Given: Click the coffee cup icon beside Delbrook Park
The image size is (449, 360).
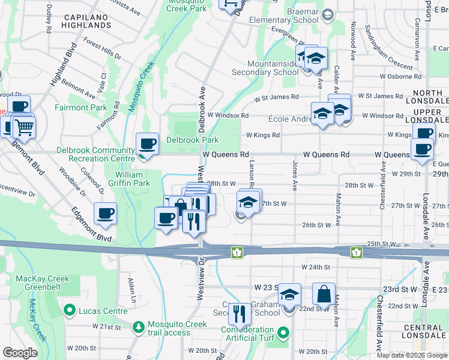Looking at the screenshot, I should click(x=147, y=144).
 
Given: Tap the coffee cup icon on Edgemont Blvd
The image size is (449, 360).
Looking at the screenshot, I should click(x=105, y=214).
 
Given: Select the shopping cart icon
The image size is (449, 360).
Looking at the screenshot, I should click(x=24, y=127).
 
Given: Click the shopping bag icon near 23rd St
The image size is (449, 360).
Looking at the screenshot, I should click(x=324, y=295).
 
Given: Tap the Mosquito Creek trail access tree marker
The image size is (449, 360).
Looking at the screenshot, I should click(x=138, y=327).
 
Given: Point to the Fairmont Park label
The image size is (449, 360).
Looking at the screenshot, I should click(x=81, y=108).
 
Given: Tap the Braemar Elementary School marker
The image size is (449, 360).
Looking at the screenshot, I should click(x=328, y=14).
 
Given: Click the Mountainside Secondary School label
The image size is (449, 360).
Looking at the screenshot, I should click(x=273, y=68).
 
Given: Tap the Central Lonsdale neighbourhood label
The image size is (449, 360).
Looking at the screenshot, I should click(x=424, y=331).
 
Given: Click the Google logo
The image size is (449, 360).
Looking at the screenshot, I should click(x=20, y=352).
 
